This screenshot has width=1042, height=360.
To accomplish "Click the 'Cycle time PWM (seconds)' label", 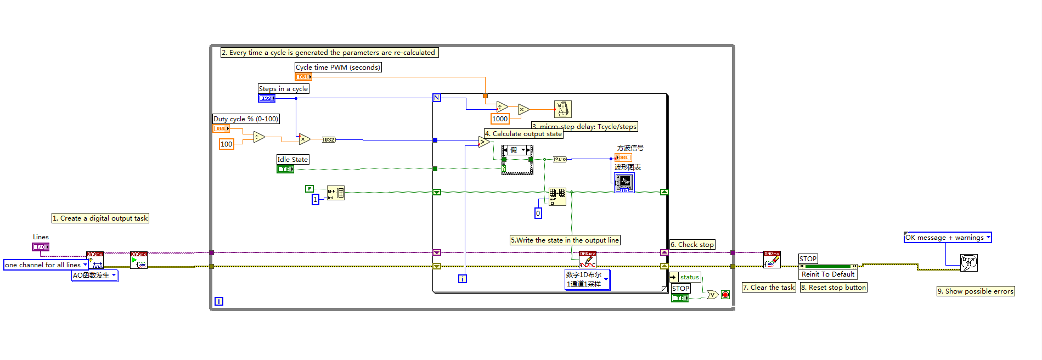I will [338, 67].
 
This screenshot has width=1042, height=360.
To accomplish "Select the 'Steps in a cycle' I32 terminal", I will [267, 98].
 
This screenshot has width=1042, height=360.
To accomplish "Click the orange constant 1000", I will [500, 119].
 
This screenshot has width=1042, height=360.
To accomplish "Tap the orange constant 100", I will [226, 144].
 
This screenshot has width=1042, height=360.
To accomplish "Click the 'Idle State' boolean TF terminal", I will [285, 169].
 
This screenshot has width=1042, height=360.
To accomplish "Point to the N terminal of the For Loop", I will [437, 98].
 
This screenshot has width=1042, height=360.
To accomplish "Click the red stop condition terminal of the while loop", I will [725, 295].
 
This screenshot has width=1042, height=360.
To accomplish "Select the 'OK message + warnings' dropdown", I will [948, 238].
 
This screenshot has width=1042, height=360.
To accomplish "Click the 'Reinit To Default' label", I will [828, 274].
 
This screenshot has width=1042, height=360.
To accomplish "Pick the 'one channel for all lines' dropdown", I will [46, 265].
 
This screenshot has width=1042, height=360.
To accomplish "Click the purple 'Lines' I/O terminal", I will [41, 247].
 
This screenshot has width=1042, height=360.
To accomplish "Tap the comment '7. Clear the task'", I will [769, 288].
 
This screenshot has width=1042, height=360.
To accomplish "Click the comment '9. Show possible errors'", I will [975, 291].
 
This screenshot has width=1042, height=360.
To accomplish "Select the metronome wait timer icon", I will [563, 109].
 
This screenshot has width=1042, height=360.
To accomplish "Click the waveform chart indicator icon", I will [624, 183].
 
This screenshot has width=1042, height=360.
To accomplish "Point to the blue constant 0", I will [538, 213].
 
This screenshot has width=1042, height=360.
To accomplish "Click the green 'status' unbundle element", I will [689, 277].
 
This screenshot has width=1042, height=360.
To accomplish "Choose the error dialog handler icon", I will [968, 262].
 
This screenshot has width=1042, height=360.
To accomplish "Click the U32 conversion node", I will [329, 140].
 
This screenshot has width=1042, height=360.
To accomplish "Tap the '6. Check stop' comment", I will [692, 245].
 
